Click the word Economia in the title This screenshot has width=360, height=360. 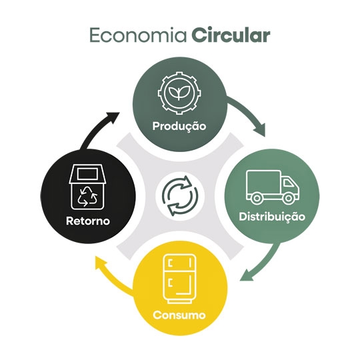138,35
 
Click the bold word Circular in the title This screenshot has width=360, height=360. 231,35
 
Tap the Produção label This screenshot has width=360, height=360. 179,126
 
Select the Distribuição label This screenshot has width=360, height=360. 272,217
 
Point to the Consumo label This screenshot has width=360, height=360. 179,315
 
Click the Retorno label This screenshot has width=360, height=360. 88,221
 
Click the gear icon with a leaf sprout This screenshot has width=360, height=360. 179,93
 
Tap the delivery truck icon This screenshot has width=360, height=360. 273,187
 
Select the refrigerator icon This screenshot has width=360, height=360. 179,279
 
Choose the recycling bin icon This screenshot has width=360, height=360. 87,187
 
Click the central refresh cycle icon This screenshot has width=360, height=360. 180,196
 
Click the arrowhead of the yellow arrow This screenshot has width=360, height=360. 101,264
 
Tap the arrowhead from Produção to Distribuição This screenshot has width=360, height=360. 261,130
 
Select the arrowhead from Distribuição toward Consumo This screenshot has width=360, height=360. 247,275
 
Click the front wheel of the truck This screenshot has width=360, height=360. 289,198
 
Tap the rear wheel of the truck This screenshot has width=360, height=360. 256,198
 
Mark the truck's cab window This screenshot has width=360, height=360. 288,183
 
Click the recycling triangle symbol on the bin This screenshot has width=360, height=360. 87,196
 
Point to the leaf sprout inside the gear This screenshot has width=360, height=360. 179,93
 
